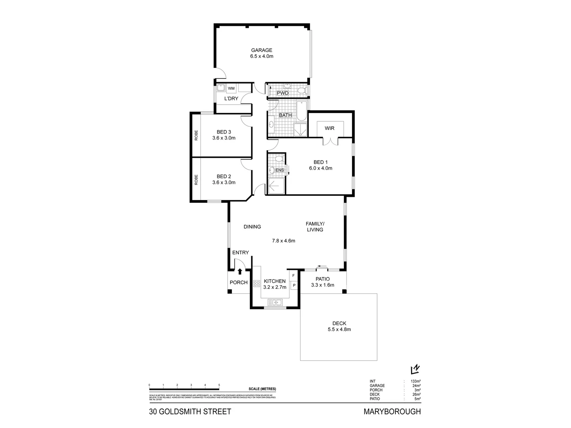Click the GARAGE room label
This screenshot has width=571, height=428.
261,50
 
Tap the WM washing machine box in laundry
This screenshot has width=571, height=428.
231,88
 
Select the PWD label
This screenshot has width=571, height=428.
283,93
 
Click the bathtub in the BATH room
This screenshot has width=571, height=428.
301,111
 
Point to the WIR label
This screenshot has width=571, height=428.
330,128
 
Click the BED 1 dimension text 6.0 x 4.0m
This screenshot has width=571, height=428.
320,168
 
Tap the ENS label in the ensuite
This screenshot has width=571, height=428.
280,170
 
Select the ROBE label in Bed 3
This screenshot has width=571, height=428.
196,136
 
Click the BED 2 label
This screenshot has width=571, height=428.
224,176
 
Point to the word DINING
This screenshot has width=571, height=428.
252,227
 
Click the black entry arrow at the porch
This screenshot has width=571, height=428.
240,271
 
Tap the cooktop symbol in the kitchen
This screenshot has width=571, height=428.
256,283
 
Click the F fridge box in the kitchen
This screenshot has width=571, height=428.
294,275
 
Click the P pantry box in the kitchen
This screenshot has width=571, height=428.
294,285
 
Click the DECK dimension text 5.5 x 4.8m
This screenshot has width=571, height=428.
339,329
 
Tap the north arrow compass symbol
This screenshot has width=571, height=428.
415,369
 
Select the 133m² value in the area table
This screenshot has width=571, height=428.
416,381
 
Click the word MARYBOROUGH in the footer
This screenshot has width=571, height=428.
392,412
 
